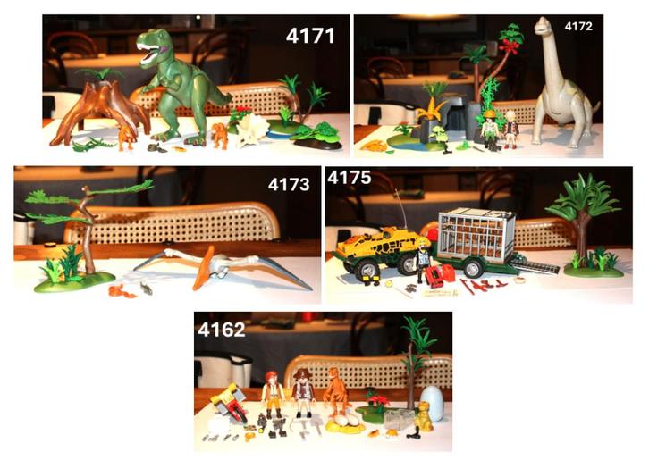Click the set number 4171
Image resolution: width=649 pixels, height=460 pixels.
pyautogui.click(x=310, y=37)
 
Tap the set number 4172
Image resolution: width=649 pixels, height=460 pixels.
pyautogui.click(x=577, y=28)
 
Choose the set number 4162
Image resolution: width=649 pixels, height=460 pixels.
pyautogui.click(x=221, y=329)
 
